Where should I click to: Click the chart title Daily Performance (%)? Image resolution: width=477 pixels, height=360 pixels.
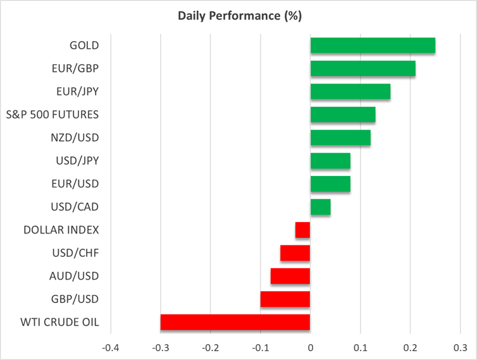point(238,16)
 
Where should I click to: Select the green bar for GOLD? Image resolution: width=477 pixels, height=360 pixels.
point(373,46)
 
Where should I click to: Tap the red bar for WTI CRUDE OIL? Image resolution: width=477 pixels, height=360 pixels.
point(235,322)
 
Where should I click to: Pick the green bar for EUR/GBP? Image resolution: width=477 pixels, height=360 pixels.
point(362,68)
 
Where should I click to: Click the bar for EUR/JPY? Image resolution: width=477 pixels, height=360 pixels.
point(350,92)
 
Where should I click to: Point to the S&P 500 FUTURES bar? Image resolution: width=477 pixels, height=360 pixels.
point(342,115)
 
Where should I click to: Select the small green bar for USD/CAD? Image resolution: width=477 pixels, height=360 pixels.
point(320,207)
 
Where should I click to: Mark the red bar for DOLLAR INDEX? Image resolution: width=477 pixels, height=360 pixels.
point(303,230)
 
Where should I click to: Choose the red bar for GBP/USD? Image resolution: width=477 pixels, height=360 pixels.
point(285,299)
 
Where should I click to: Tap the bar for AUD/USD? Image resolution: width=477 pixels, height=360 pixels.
point(290,276)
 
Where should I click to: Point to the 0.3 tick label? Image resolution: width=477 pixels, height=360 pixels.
point(460,348)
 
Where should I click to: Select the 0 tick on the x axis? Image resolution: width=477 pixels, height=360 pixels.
point(310,348)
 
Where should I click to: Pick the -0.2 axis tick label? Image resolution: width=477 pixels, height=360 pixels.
point(210,348)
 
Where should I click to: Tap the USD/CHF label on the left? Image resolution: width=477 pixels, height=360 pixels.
point(76,253)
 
